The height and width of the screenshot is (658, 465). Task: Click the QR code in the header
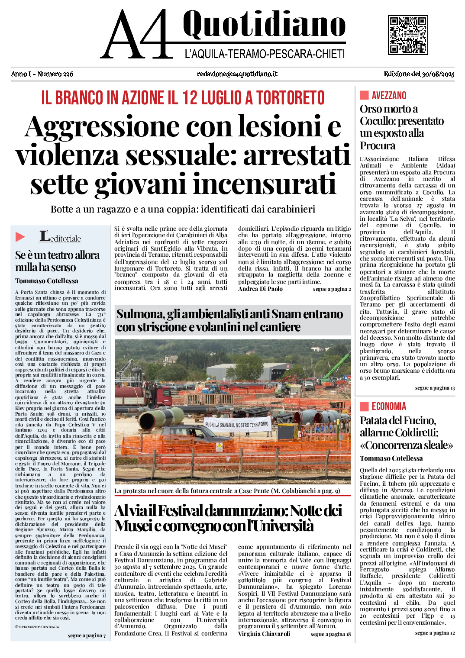pos(408,35)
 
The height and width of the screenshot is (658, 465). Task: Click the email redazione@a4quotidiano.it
pos(237,74)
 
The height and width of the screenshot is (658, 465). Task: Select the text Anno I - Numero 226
pos(42,74)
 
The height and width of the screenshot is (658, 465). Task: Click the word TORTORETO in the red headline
pos(291,98)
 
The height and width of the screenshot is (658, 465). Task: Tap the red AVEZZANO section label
pos(389,96)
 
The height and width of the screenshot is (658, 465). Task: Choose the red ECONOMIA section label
pos(389,406)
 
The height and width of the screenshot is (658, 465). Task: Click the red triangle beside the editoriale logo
pos(20,237)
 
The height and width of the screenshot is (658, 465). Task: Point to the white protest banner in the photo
pos(237,424)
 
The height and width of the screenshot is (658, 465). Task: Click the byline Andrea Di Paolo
pos(260,289)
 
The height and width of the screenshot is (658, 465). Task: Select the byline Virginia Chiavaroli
pos(264,634)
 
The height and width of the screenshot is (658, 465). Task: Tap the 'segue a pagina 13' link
pos(435,388)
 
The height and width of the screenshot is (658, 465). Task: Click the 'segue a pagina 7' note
pos(87,635)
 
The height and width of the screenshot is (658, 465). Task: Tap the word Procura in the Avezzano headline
pos(377,146)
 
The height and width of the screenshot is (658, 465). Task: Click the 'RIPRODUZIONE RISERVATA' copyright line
pos(38,626)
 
